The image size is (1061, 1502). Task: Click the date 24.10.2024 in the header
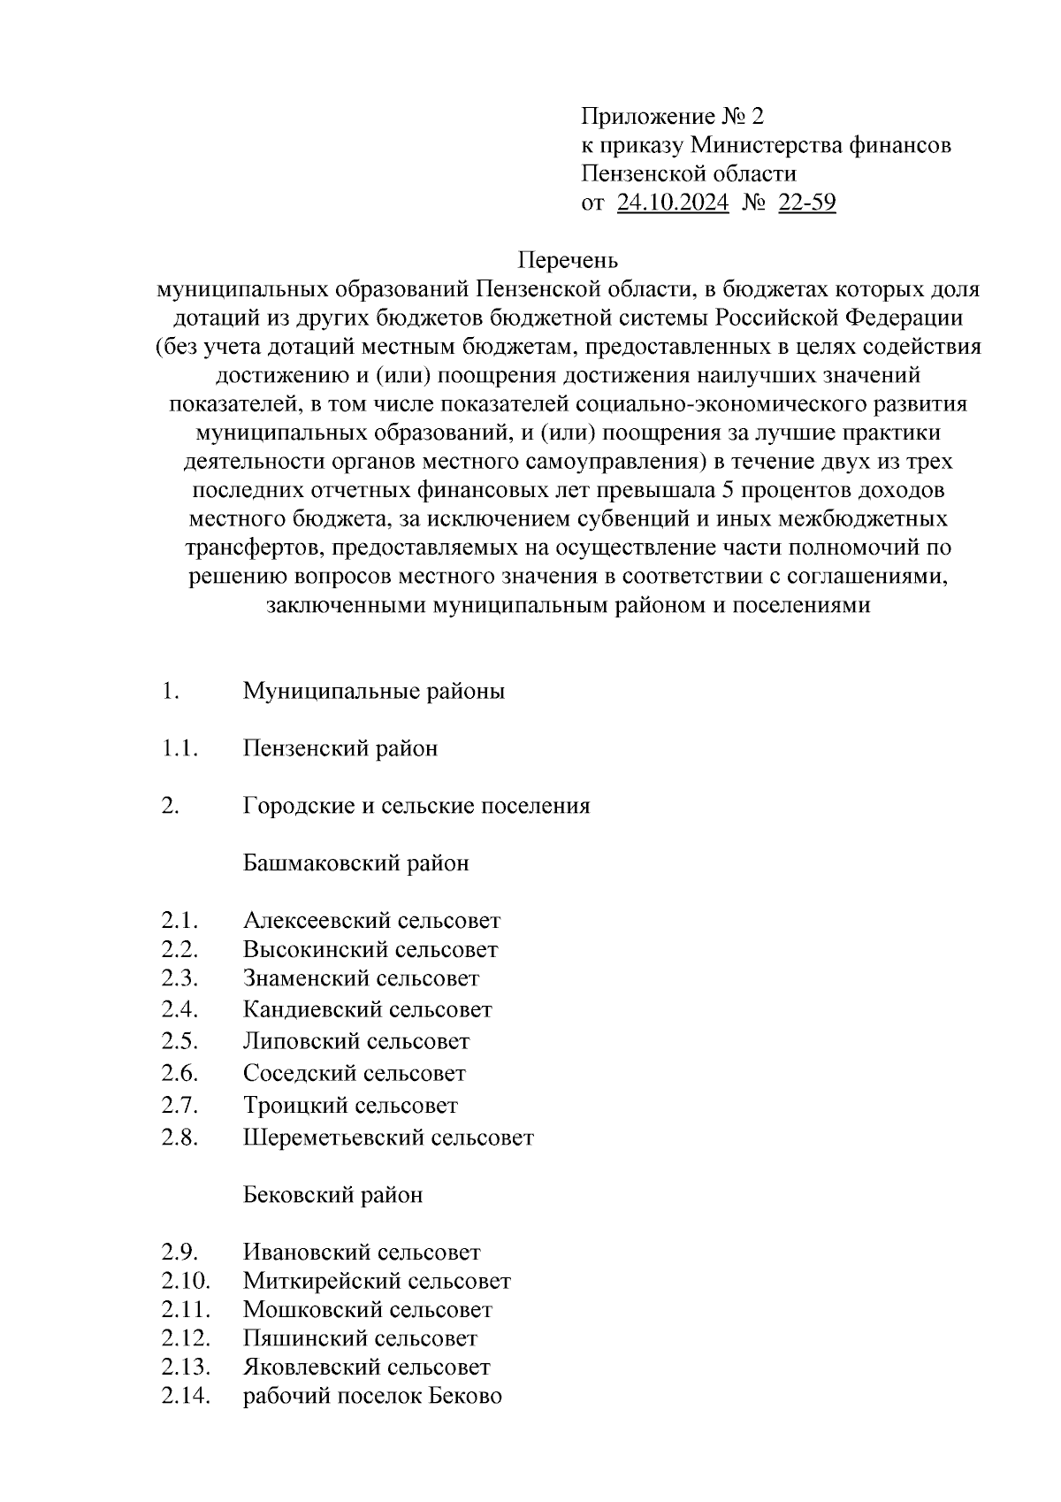pyautogui.click(x=672, y=203)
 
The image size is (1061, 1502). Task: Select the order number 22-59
pyautogui.click(x=806, y=203)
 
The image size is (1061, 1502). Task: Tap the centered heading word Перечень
pyautogui.click(x=567, y=261)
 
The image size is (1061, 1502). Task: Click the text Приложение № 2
pyautogui.click(x=671, y=117)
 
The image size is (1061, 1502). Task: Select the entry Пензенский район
pyautogui.click(x=340, y=748)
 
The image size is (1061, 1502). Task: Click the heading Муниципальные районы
pyautogui.click(x=374, y=691)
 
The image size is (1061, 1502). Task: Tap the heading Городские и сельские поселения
pyautogui.click(x=416, y=806)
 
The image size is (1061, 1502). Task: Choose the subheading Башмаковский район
pyautogui.click(x=356, y=862)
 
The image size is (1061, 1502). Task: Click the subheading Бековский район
pyautogui.click(x=332, y=1195)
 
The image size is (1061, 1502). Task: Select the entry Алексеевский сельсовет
pyautogui.click(x=371, y=921)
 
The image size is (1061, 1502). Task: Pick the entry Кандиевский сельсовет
pyautogui.click(x=367, y=1009)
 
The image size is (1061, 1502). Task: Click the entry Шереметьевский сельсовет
pyautogui.click(x=388, y=1138)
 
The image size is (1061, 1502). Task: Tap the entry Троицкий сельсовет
pyautogui.click(x=350, y=1106)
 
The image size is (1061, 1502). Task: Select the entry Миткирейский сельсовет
pyautogui.click(x=377, y=1281)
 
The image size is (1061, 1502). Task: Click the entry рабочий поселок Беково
pyautogui.click(x=372, y=1397)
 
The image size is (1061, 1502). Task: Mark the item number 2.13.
pyautogui.click(x=185, y=1367)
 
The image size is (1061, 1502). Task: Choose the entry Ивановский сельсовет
pyautogui.click(x=362, y=1253)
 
